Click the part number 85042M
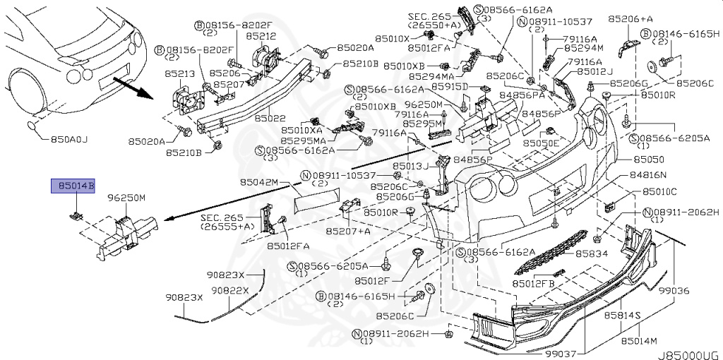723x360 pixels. [259, 182]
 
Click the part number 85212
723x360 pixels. [261, 35]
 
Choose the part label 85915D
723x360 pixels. [451, 86]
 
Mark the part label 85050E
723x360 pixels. [540, 143]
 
